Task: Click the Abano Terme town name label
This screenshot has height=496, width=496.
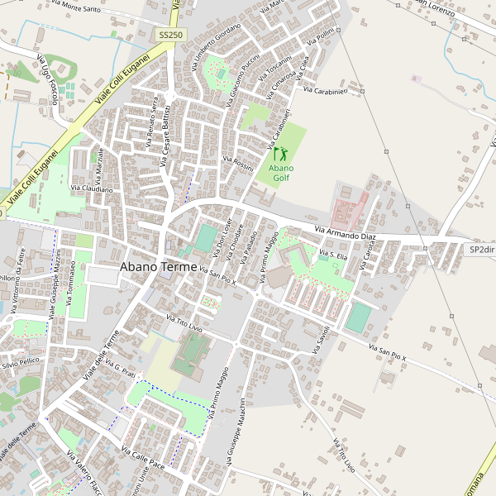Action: [x=159, y=267]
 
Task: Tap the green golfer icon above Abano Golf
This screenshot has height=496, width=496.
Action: [x=279, y=153]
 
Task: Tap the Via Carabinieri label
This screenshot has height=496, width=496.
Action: [x=336, y=91]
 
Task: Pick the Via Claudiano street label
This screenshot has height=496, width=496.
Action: [x=91, y=188]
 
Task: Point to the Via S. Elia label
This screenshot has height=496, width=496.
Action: [x=331, y=256]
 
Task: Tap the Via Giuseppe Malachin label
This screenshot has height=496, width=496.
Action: [x=233, y=430]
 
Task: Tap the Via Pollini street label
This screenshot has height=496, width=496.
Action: [x=319, y=36]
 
